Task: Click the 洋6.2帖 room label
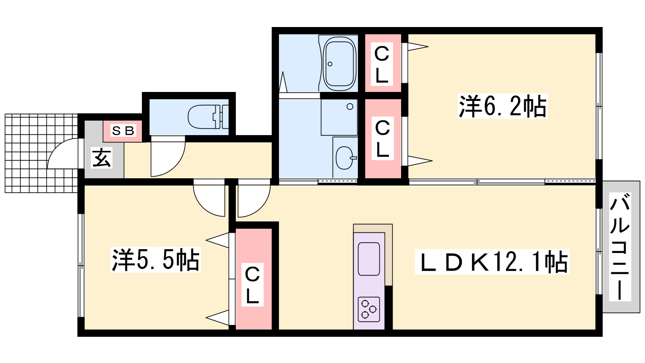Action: pos(502,106)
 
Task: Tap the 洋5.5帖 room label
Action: pos(155,260)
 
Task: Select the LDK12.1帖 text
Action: pos(492,262)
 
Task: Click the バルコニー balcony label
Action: pos(620,247)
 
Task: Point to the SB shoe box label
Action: pos(123,131)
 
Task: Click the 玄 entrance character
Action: pos(102,158)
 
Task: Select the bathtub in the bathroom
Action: pos(339,64)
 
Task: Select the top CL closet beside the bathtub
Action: pos(382,64)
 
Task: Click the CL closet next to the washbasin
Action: pos(382,138)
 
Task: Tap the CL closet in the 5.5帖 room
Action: pos(253,284)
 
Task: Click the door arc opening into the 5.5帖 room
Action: pos(208,200)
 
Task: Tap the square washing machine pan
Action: pos(339,117)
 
